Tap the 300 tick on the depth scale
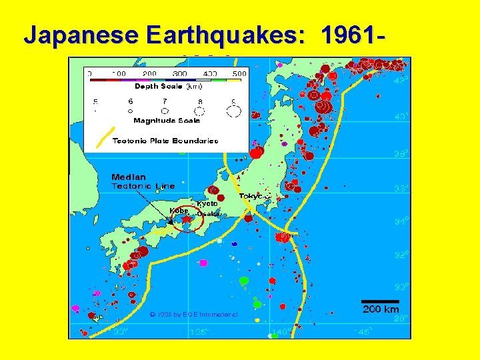179,73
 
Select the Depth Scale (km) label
169,86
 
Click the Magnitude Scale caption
166,121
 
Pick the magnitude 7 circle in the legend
165,111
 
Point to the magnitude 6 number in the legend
131,101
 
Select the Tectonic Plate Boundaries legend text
165,141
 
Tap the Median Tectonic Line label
143,181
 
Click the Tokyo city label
252,196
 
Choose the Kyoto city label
207,203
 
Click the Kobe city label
179,211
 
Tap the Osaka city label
208,214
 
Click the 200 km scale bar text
380,309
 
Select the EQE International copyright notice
193,313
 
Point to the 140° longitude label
281,331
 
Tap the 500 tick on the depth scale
239,73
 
